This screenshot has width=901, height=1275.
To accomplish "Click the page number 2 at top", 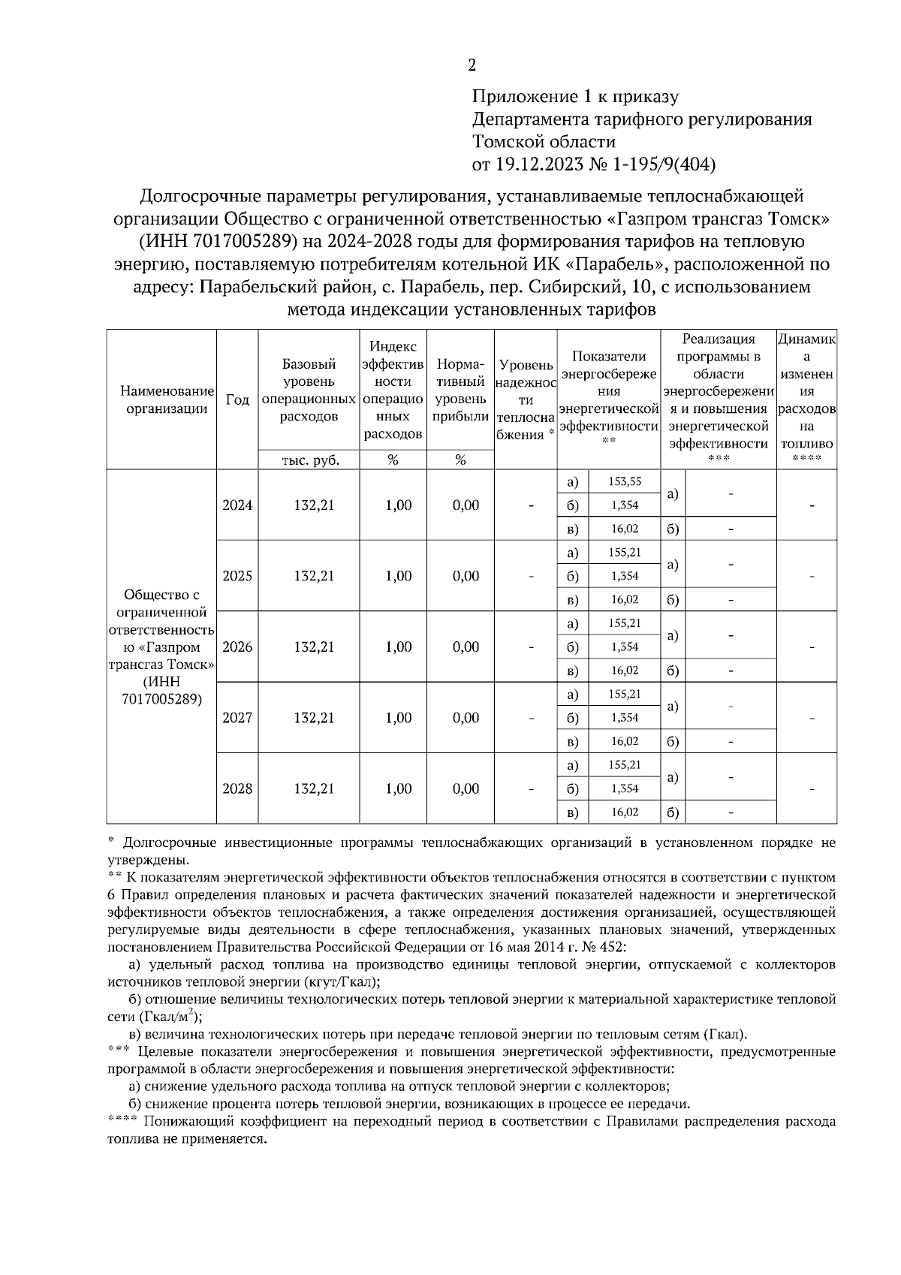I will [x=472, y=65].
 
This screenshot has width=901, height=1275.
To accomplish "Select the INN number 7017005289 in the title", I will [x=245, y=242].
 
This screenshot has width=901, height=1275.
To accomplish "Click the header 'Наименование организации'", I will [x=161, y=399].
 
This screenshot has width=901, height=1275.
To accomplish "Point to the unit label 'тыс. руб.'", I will [x=309, y=461].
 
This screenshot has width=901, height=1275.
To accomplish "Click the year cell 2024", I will [x=237, y=505].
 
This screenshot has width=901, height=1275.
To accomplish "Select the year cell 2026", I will [x=237, y=647].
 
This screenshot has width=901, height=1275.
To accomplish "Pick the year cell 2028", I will [x=237, y=789].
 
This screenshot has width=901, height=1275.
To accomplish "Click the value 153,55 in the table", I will [x=624, y=481].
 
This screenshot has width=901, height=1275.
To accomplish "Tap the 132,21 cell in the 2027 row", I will [x=314, y=718].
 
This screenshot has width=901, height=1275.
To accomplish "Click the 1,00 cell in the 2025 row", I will [x=398, y=576].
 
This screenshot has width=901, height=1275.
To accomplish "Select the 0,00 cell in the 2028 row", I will [x=466, y=789].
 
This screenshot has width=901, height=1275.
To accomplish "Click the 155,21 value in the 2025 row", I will [x=624, y=553].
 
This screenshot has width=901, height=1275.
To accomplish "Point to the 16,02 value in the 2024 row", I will [x=624, y=529].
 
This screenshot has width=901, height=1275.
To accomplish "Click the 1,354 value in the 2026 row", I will [x=624, y=647].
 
